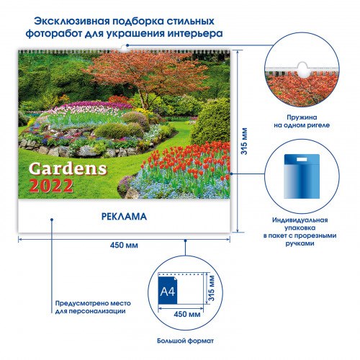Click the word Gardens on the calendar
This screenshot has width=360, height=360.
tap(68, 169)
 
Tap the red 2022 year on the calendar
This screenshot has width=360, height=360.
tap(51, 186)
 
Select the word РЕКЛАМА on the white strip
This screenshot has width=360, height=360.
tap(124, 217)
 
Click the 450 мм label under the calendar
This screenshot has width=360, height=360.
tap(124, 246)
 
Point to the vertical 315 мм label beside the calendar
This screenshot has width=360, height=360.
tap(244, 141)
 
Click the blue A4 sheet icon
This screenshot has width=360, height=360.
tap(168, 290)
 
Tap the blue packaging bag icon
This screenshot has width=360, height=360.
tap(302, 176)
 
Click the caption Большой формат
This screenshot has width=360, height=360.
tap(185, 341)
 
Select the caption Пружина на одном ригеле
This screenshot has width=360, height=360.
tap(302, 121)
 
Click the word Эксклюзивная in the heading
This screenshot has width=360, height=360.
tap(72, 21)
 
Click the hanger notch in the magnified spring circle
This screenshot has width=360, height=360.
tap(302, 70)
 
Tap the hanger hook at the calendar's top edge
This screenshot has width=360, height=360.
tap(124, 49)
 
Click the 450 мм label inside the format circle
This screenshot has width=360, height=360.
tap(187, 314)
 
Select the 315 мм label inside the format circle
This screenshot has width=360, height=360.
tap(211, 288)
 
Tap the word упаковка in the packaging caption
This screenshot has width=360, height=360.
tap(300, 228)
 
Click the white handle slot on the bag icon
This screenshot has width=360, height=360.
tap(302, 159)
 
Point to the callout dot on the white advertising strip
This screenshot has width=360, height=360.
tap(52, 220)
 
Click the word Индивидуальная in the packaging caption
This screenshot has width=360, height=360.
tap(300, 220)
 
